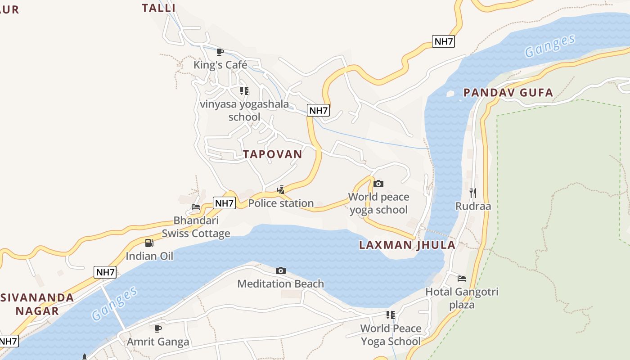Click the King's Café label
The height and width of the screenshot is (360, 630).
pos(220,65)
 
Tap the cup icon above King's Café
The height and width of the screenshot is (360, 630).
pos(220,52)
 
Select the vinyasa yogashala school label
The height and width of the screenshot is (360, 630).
pos(244,111)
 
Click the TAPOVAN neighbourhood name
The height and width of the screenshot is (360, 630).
pos(273,154)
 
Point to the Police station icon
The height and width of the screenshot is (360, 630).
pos(280,189)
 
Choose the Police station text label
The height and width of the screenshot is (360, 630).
pos(281,203)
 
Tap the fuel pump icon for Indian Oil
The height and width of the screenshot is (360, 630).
pos(149,243)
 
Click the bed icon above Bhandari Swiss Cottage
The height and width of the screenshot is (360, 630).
pos(196,207)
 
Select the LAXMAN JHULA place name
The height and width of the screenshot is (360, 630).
pos(407,245)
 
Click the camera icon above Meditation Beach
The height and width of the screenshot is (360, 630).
pos(281,270)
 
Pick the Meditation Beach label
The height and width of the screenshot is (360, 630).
pos(280,284)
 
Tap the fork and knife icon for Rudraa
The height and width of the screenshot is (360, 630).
pos(473,193)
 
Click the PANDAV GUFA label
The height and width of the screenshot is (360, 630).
pos(508,93)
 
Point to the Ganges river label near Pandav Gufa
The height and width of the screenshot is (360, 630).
pos(550,46)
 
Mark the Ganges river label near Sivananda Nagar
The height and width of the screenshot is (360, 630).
pos(115,304)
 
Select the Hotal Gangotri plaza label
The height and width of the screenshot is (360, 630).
pos(462,298)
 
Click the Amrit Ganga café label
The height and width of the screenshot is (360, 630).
pos(158,342)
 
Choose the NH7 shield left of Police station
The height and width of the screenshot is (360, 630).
pos(224,203)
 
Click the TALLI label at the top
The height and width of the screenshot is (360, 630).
pos(158,8)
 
